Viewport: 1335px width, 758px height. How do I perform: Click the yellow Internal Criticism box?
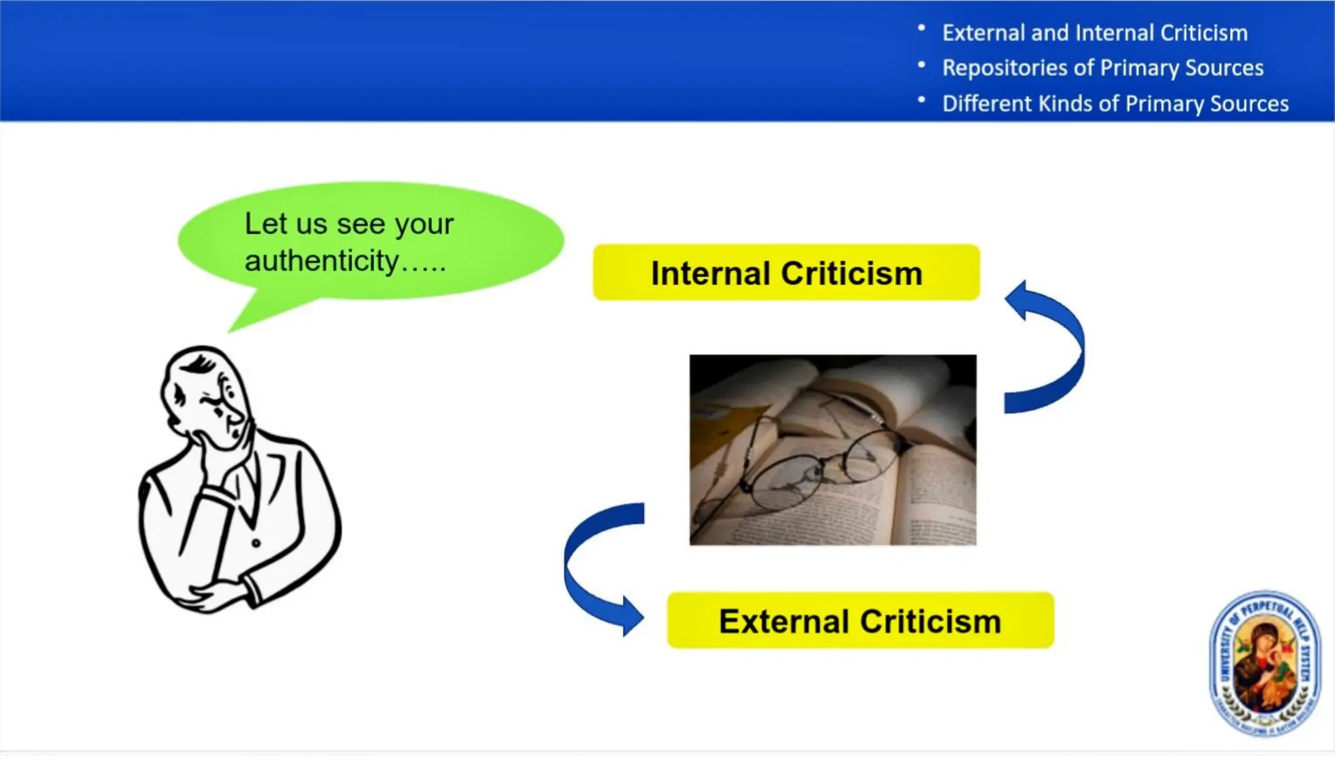click(785, 272)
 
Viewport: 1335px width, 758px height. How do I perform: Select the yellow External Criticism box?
click(860, 620)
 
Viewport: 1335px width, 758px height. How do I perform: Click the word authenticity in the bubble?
click(322, 261)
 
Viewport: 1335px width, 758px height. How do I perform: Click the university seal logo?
click(1265, 663)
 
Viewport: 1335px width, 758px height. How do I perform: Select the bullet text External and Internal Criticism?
click(1094, 33)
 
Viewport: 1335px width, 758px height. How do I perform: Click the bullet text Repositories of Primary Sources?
click(1102, 68)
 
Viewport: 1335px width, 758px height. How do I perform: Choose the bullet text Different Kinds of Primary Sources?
click(1115, 104)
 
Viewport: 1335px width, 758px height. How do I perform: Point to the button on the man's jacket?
click(256, 543)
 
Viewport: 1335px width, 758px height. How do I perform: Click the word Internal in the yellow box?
click(710, 273)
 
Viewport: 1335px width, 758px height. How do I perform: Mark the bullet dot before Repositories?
click(921, 65)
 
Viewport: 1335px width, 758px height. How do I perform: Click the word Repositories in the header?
click(1005, 68)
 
